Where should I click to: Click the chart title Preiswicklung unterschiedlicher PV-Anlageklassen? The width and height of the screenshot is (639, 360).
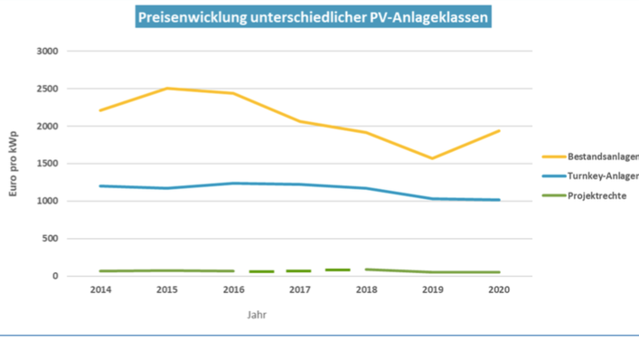311,16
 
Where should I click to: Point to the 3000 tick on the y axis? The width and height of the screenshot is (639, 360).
47,52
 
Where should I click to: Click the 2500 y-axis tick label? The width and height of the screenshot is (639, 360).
47,89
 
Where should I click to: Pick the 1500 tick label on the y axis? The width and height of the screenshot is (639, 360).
47,164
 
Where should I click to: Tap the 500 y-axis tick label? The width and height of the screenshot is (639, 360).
50,239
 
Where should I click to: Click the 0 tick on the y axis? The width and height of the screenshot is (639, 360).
54,276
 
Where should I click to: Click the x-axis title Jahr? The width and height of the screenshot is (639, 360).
258,316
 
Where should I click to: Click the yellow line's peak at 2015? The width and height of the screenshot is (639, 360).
166,89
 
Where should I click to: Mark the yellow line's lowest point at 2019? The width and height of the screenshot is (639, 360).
433,158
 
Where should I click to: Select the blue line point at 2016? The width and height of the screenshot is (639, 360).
233,184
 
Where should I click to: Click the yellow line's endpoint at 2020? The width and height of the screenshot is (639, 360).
499,131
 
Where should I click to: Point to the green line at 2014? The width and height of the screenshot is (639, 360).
100,270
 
